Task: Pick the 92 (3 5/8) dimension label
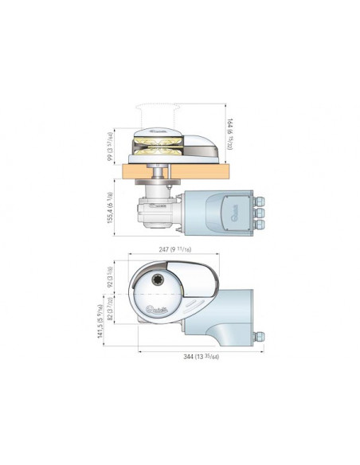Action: [112, 277]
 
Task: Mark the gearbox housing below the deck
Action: [158, 209]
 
